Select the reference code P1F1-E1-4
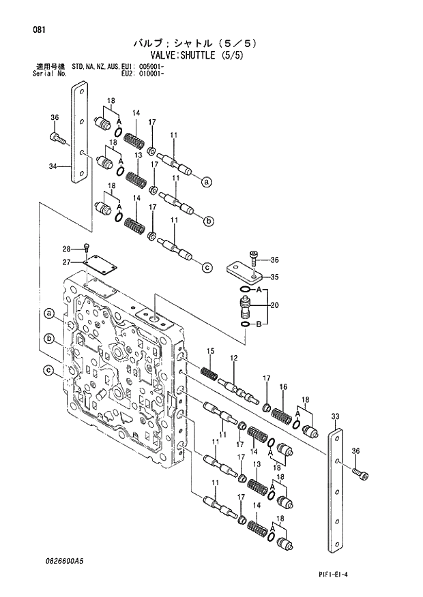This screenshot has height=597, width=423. [370, 575]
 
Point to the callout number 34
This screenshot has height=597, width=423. [53, 166]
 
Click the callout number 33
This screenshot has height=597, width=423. [334, 416]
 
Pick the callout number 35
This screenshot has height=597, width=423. [276, 277]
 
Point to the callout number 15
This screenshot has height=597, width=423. [211, 352]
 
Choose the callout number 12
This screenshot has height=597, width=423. [233, 358]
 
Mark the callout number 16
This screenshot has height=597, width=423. [283, 387]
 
